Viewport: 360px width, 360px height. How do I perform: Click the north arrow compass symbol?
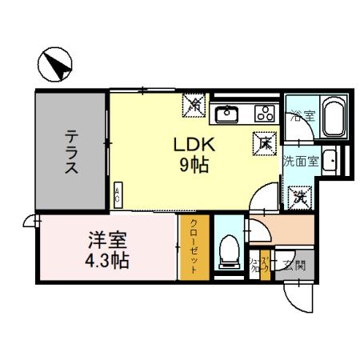54,65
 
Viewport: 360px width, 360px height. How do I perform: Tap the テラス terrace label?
71,151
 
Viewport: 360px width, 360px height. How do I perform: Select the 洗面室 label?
300,160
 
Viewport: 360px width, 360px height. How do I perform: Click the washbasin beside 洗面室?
330,160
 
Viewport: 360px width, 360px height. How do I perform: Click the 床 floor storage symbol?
265,142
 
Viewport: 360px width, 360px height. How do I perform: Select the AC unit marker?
118,192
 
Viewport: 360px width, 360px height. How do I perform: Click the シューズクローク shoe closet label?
258,265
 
